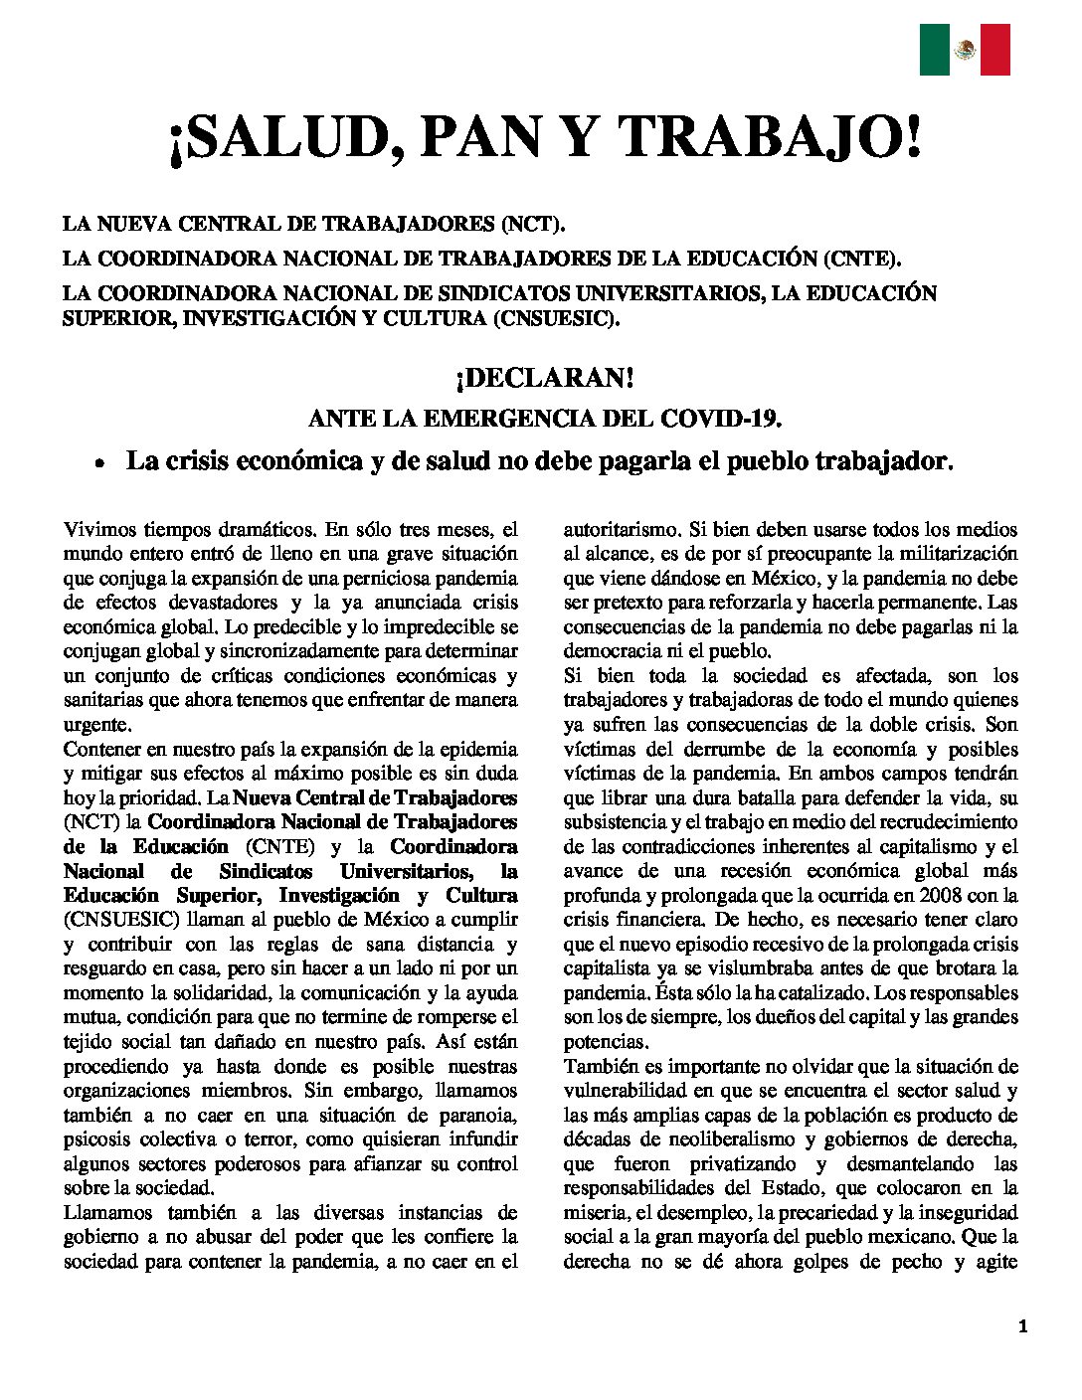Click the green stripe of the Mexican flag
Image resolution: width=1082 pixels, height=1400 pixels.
(934, 50)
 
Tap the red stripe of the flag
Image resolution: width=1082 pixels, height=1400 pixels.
(995, 50)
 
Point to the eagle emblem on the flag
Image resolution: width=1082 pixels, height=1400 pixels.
(965, 50)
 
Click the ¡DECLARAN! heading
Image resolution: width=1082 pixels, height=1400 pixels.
(544, 379)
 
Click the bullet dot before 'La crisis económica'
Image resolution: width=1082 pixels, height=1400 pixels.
(98, 464)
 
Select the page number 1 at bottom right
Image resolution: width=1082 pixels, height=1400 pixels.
(1023, 1326)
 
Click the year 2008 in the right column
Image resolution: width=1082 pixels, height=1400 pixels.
(934, 896)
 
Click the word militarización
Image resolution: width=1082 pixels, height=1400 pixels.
(953, 554)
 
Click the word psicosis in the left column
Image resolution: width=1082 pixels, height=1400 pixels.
(98, 1139)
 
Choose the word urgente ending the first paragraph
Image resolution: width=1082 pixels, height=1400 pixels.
(96, 724)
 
